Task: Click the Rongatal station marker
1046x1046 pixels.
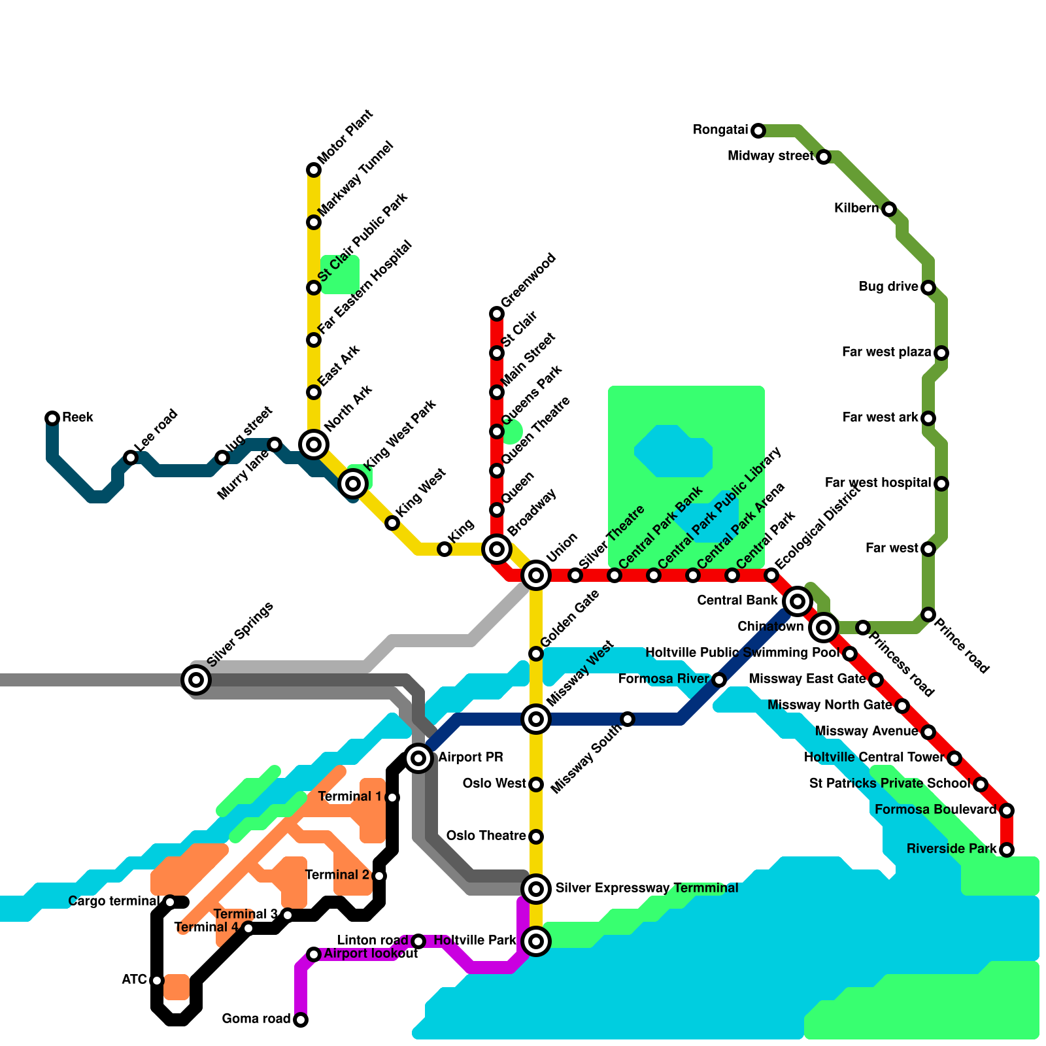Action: (758, 131)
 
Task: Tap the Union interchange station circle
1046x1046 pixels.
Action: (536, 575)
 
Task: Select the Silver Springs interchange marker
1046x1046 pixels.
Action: (196, 680)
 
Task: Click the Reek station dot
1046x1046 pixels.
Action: (52, 418)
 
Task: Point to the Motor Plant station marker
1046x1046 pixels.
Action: (314, 170)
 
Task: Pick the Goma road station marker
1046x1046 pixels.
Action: (301, 1020)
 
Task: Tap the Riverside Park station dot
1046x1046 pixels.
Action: (1007, 850)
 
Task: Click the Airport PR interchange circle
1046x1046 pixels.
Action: (418, 758)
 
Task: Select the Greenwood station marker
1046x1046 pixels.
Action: (497, 314)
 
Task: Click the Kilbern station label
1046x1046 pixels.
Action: (856, 209)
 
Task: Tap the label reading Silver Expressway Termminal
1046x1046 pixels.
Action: (647, 888)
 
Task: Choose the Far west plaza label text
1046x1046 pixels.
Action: (886, 352)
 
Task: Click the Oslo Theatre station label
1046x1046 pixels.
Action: (486, 836)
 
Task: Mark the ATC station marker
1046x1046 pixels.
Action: (157, 981)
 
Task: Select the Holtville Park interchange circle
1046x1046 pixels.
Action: (536, 941)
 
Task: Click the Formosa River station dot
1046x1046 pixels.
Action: (719, 680)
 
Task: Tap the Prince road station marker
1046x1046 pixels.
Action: (928, 615)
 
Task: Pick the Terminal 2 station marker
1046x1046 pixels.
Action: (379, 876)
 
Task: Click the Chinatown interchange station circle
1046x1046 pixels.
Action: (824, 628)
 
